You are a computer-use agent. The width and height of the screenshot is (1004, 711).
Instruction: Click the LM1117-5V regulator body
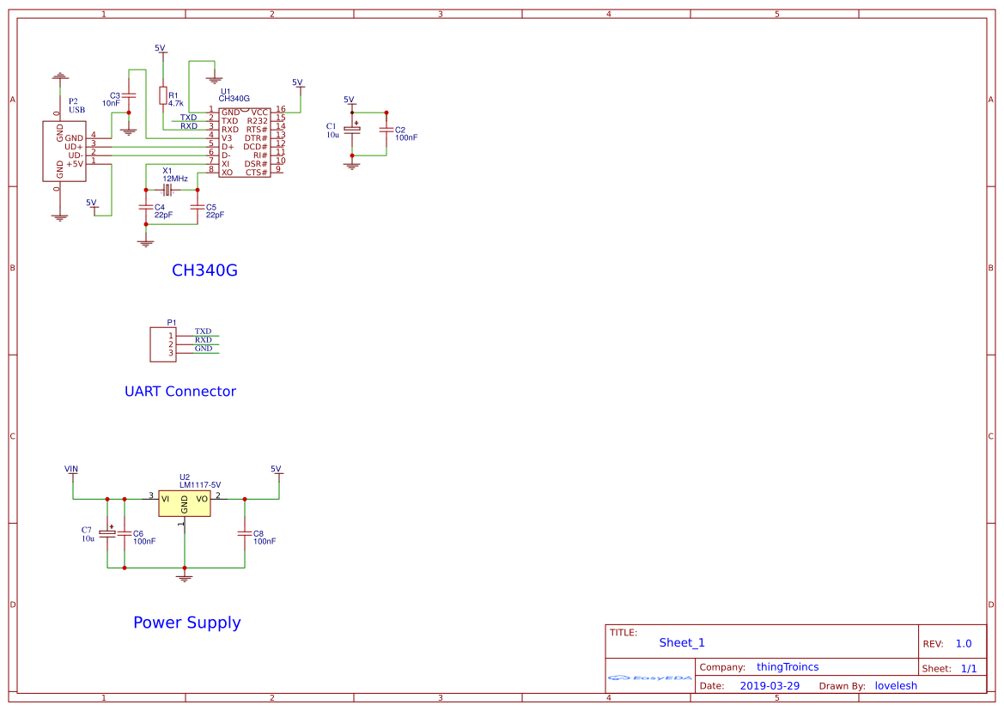(184, 503)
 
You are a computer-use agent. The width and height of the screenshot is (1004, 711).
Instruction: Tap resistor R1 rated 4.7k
(162, 94)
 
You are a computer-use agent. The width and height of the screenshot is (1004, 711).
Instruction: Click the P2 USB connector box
(64, 150)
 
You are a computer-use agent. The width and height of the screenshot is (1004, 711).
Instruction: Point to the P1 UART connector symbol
(161, 343)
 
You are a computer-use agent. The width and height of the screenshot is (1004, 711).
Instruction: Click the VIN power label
(71, 469)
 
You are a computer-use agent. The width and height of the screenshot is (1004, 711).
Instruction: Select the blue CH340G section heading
(204, 270)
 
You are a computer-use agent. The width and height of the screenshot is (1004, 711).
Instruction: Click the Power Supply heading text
(186, 623)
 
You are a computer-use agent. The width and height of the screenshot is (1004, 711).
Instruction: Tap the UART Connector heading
(180, 392)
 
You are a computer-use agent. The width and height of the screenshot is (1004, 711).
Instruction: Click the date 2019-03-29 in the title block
(770, 685)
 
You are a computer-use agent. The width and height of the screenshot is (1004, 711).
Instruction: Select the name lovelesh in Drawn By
(896, 685)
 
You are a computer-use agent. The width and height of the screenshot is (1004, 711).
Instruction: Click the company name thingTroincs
(788, 666)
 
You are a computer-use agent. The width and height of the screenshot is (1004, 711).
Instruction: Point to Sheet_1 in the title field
(682, 642)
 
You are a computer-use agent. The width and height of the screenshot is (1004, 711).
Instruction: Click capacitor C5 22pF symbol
(198, 207)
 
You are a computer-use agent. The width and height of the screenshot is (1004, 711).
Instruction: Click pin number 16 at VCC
(280, 109)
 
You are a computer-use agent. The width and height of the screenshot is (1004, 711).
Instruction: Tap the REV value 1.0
(964, 643)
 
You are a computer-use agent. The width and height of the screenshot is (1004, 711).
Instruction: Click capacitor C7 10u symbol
(107, 532)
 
